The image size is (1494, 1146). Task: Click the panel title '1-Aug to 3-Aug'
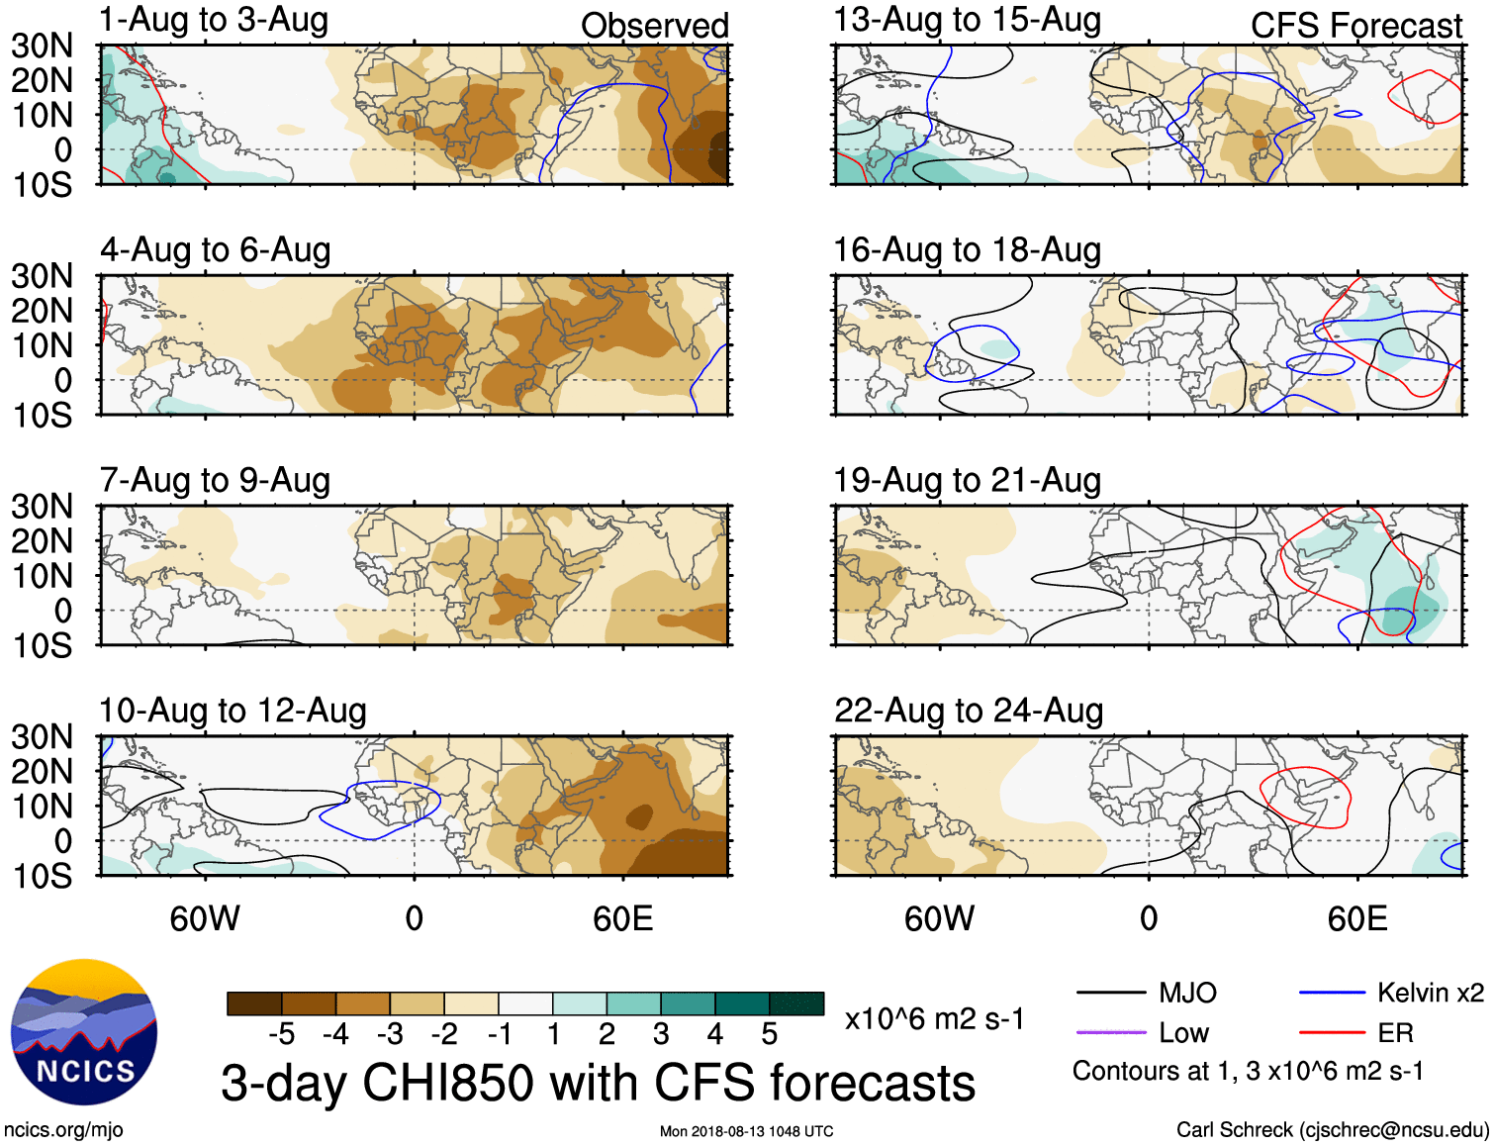(214, 20)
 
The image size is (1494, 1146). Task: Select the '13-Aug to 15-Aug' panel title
(967, 20)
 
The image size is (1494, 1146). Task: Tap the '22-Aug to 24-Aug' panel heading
(969, 711)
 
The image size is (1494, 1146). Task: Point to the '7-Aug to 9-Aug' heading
(215, 480)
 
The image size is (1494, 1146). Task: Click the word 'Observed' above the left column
(654, 26)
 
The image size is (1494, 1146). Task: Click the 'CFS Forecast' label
(1355, 26)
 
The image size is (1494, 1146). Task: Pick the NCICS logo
(84, 1032)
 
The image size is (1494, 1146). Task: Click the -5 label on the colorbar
(281, 1034)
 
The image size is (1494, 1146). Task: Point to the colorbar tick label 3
(661, 1034)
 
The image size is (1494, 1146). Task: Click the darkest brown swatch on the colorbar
(254, 1003)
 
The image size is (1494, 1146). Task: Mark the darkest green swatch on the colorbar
(796, 1003)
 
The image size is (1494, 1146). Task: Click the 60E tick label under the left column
(622, 918)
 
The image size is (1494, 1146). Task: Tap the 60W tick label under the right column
(939, 918)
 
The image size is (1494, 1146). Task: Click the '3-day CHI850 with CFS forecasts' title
(598, 1083)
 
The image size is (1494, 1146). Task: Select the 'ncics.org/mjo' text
(63, 1130)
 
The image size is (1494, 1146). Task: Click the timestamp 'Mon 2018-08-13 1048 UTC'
(746, 1131)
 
